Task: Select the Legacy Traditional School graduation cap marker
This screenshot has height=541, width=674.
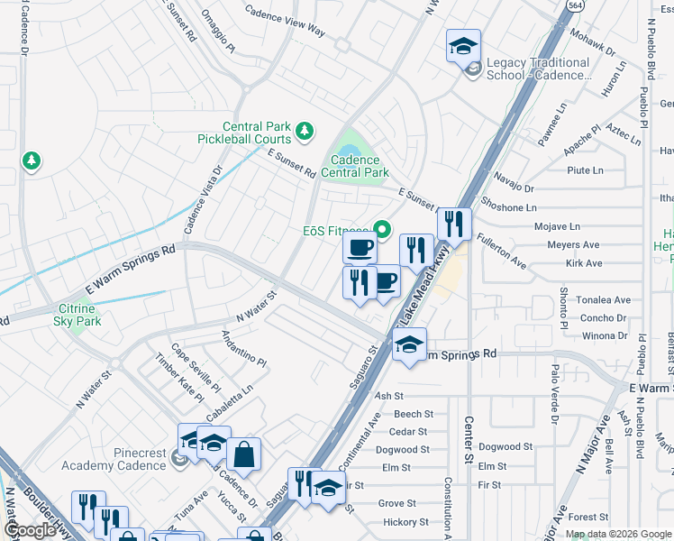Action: coord(463,46)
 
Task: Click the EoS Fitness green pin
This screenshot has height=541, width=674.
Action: coord(381,230)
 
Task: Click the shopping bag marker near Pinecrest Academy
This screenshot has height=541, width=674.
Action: coord(242,454)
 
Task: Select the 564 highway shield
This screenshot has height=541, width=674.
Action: coord(572,5)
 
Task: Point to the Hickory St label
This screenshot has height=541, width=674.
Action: coord(403,522)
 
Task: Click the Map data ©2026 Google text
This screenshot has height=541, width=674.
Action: coord(618,533)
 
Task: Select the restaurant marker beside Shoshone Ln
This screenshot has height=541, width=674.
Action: coord(454,225)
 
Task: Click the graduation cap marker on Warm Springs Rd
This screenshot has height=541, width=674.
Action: coord(409,344)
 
